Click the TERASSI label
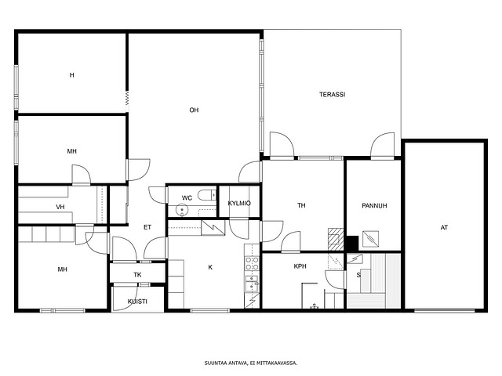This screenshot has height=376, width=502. click(332, 94)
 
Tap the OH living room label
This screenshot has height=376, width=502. click(194, 110)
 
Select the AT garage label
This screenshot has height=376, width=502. click(444, 227)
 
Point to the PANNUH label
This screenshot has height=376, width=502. click(374, 205)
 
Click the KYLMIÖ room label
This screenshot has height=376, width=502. click(239, 203)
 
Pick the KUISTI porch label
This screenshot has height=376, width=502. click(137, 301)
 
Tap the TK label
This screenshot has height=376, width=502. click(137, 274)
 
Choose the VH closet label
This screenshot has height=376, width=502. click(60, 207)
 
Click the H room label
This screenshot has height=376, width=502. click(71, 75)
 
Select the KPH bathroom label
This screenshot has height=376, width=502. click(300, 266)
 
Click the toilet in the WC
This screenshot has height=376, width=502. click(207, 194)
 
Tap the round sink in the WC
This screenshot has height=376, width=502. click(182, 211)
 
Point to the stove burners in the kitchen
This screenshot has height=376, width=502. click(252, 264)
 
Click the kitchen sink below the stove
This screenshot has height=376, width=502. click(252, 284)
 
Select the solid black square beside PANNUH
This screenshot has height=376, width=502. click(352, 243)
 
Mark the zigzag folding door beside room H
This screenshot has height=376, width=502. click(127, 98)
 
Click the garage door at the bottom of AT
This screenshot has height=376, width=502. click(445, 310)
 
